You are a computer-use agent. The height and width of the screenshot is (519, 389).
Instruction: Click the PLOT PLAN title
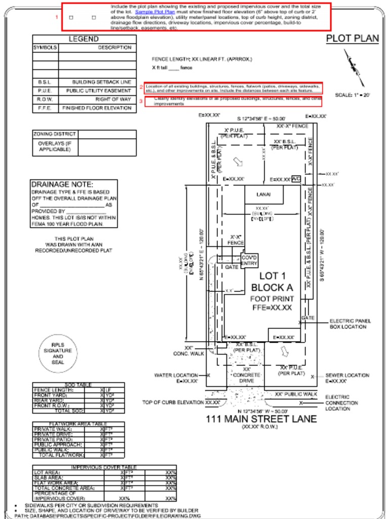[x=352, y=39]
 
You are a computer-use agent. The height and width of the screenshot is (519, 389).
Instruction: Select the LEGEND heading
[x=84, y=39]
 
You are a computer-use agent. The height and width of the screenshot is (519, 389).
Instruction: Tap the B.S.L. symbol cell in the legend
[x=45, y=82]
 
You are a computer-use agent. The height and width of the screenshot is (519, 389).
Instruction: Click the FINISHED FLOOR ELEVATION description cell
[x=97, y=108]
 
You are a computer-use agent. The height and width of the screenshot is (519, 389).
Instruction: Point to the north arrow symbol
[x=354, y=67]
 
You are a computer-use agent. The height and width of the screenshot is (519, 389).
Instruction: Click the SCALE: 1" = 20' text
[x=353, y=95]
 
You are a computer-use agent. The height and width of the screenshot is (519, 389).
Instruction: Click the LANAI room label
[x=264, y=195]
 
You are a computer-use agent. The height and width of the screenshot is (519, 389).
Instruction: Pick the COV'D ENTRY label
[x=250, y=261]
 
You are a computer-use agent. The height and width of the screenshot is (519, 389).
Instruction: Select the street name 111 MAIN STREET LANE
[x=261, y=419]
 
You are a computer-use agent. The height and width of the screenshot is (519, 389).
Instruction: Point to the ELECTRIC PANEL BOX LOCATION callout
[x=350, y=324]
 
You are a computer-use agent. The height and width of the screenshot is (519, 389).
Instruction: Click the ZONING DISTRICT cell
[x=55, y=134]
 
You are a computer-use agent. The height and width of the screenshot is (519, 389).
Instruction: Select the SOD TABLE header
[x=77, y=385]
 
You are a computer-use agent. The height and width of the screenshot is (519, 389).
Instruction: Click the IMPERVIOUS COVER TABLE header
[x=104, y=467]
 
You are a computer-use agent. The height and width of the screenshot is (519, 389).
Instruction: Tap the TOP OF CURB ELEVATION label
[x=172, y=402]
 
